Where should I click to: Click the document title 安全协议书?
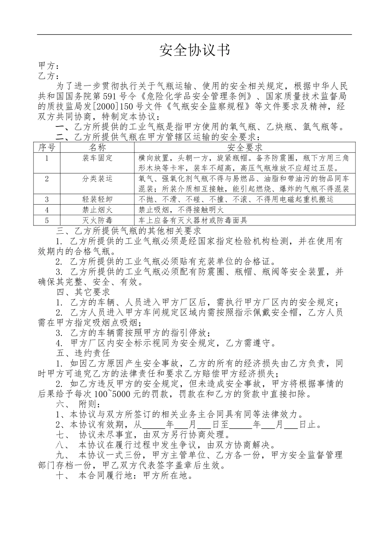tap(194, 50)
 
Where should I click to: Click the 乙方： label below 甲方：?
tap(49, 76)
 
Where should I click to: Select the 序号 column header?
tap(47, 148)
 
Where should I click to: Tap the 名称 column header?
tap(97, 148)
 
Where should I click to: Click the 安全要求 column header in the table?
tap(244, 148)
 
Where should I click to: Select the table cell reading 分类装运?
tap(97, 179)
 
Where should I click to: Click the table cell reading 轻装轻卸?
tap(97, 199)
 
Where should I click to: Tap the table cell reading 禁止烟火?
tap(97, 210)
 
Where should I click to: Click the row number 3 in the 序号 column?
tap(47, 199)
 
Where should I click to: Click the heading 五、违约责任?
tap(83, 353)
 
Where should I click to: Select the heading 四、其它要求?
tap(83, 292)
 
